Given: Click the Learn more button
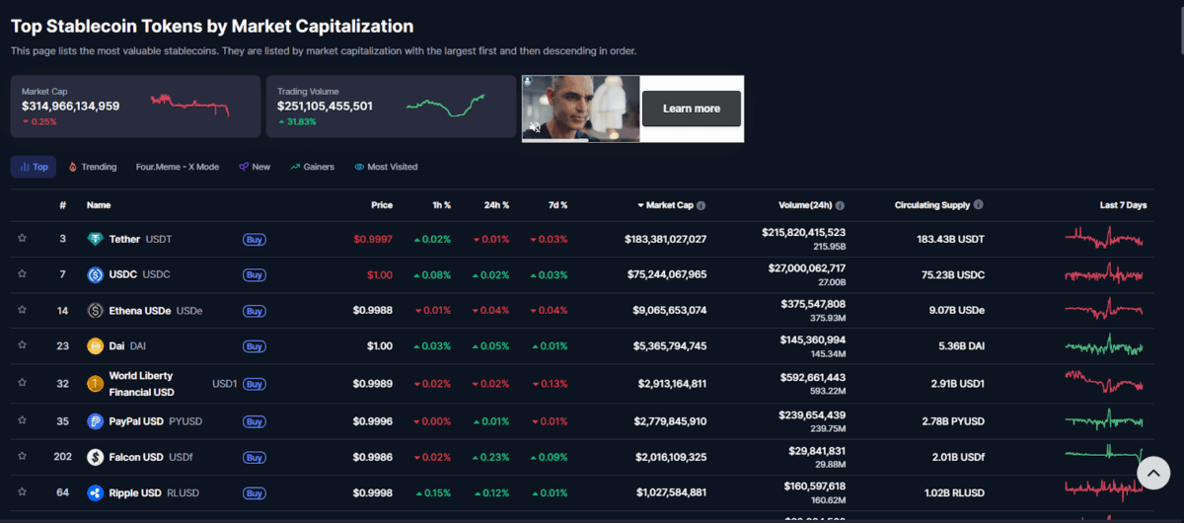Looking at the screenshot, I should point(691,109).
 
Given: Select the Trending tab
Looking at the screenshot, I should point(93,167).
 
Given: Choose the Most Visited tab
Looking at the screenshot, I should point(386,167).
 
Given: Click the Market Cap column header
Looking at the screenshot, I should point(671,205).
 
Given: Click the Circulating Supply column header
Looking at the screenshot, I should point(938,205).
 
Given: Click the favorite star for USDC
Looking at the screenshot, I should point(22,275).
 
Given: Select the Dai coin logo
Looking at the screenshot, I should point(95,346).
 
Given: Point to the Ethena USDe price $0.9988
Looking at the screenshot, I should point(373,311).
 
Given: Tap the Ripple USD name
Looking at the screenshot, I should point(134,492).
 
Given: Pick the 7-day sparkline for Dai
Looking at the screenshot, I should point(1104,346).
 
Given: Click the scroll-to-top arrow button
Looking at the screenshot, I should point(1152,474).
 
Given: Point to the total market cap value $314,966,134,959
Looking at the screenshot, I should point(71,106).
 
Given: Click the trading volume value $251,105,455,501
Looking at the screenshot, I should point(325,106).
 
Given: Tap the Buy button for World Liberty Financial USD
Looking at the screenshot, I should point(254,384).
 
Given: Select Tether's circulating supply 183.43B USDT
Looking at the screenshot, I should point(950,239).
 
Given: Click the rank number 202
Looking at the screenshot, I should point(62,457).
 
